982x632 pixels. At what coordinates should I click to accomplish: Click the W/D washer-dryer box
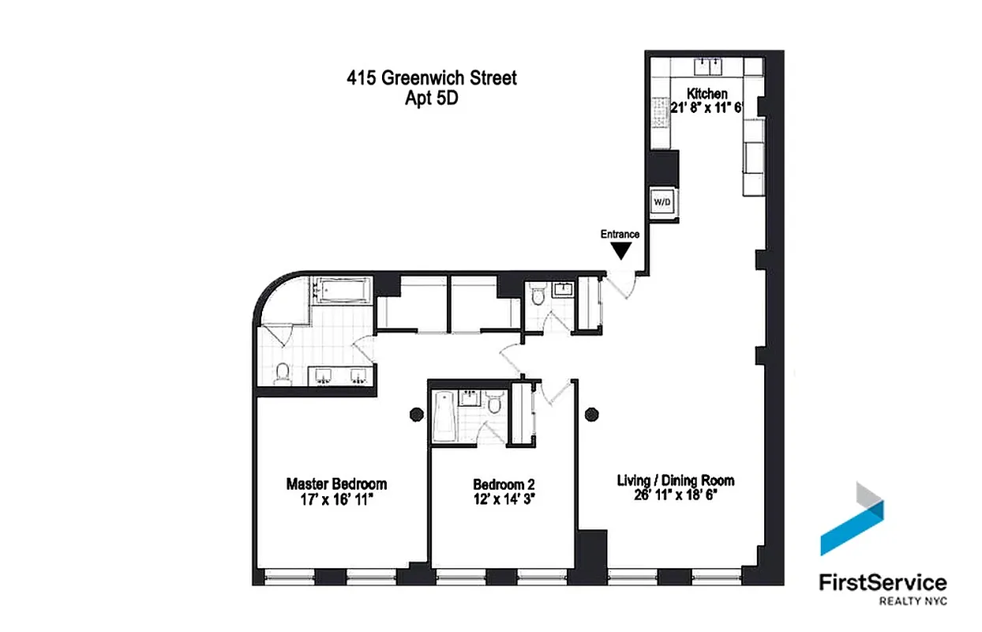point(662,203)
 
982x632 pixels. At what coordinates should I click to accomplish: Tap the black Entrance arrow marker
point(622,250)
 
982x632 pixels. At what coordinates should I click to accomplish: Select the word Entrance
point(620,234)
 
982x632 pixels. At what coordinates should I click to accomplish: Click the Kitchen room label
point(707,94)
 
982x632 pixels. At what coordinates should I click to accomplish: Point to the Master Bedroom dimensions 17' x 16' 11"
point(336,498)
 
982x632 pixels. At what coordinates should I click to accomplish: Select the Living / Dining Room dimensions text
point(676,495)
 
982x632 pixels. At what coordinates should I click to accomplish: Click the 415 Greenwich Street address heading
point(432,78)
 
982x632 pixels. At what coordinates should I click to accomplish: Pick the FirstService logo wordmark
point(883,583)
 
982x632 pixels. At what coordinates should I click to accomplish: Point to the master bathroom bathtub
point(341,291)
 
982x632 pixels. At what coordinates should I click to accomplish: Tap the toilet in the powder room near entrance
point(538,296)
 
